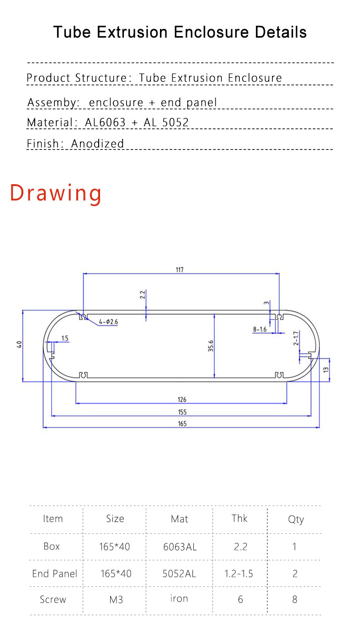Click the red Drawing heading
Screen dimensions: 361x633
(56, 193)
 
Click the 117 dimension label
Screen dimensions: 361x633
(180, 270)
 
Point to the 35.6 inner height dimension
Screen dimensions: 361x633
(211, 346)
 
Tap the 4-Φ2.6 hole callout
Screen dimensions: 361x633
(108, 322)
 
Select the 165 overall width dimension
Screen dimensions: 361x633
(182, 424)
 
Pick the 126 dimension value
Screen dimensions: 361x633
(182, 399)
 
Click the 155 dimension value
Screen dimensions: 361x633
(182, 412)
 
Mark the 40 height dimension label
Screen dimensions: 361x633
(19, 345)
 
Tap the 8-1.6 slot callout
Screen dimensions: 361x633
(260, 329)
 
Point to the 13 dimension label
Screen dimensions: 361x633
(326, 370)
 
